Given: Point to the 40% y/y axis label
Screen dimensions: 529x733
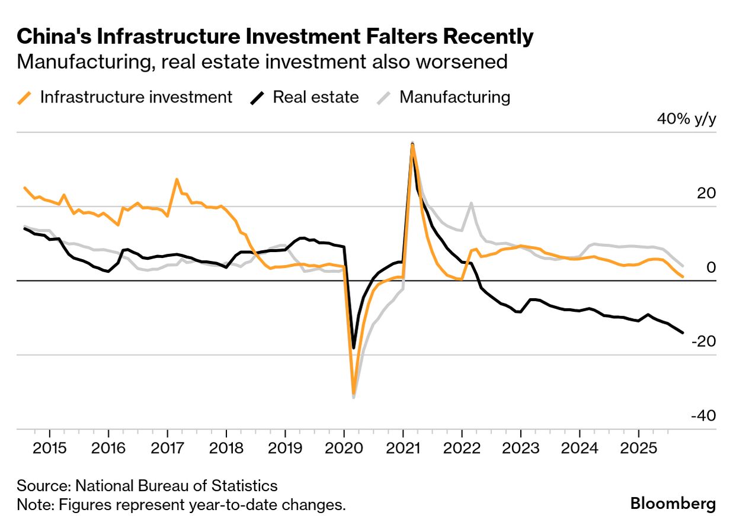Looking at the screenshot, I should pyautogui.click(x=686, y=119).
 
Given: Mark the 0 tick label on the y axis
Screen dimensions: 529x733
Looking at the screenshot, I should pyautogui.click(x=711, y=267).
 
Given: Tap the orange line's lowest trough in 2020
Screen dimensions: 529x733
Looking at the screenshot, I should pyautogui.click(x=354, y=393).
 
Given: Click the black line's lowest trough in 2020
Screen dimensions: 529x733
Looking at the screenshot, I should pyautogui.click(x=354, y=348).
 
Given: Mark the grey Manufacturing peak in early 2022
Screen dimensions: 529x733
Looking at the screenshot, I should pyautogui.click(x=471, y=203).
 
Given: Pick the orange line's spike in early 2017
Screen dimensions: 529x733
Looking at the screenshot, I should pyautogui.click(x=177, y=179).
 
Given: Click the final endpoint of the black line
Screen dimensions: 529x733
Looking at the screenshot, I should pyautogui.click(x=683, y=333).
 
